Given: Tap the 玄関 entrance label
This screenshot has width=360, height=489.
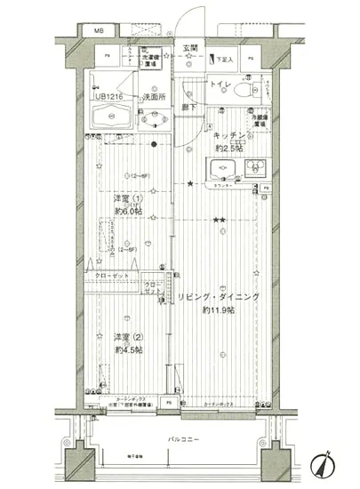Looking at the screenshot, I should (x=191, y=48).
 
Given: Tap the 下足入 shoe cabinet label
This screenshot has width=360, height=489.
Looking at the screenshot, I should (x=225, y=60).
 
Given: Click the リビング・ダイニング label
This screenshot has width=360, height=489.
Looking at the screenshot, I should (x=218, y=298).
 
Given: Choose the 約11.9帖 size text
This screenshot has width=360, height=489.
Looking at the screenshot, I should (x=218, y=310).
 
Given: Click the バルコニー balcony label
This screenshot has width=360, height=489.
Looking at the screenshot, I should (x=183, y=440).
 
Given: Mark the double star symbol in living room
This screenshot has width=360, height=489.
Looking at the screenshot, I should (x=219, y=219).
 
